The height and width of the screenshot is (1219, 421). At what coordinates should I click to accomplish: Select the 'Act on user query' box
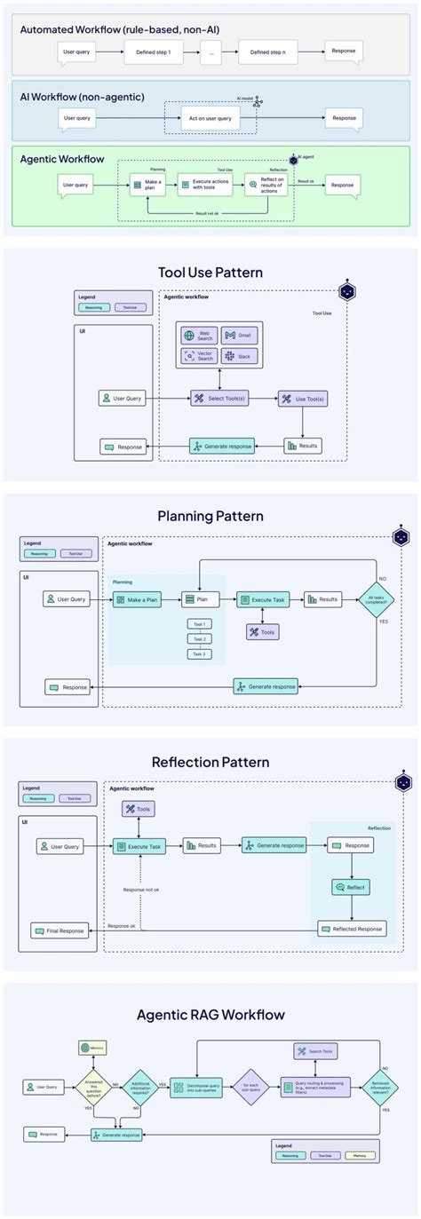tap(210, 118)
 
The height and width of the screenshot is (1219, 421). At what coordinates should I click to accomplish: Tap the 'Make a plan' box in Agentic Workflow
tap(148, 185)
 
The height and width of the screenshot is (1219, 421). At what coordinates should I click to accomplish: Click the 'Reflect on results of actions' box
tap(266, 185)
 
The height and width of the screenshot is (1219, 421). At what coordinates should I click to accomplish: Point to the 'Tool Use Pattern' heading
tap(210, 272)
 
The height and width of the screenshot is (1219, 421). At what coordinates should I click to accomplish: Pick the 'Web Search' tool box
tap(198, 336)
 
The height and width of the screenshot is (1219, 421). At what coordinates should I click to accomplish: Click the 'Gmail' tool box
tap(239, 336)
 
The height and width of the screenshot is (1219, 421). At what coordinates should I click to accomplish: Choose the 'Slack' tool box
tap(239, 356)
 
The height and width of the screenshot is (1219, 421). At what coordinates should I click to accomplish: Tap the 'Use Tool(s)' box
tap(302, 399)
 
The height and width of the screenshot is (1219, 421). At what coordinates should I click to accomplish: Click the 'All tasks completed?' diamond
tap(377, 600)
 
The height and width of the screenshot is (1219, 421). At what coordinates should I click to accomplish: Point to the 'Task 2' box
tap(200, 639)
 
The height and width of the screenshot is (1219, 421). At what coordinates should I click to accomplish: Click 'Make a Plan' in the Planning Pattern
tap(137, 600)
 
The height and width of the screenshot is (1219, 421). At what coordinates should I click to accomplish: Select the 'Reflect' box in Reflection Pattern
tap(350, 887)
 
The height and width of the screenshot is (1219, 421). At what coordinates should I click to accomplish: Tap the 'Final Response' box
tap(60, 930)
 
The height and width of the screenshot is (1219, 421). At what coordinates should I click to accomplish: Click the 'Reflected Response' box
tap(353, 930)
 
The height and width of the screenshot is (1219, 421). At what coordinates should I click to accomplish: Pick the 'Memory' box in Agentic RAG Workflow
tap(92, 1048)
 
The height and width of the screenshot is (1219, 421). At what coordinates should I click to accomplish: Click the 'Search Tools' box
tap(315, 1052)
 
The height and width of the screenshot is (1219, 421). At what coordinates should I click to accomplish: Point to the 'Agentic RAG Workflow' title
tap(210, 1014)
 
